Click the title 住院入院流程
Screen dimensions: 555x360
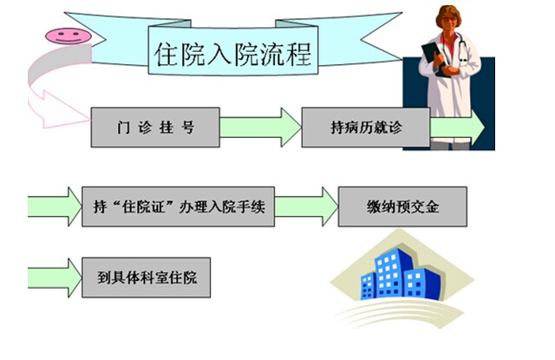[233, 54]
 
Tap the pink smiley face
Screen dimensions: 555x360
[69, 36]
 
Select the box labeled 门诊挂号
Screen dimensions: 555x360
[155, 128]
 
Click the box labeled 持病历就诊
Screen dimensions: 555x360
[366, 128]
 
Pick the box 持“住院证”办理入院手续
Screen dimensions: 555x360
[178, 206]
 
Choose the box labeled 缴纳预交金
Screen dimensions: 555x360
[402, 206]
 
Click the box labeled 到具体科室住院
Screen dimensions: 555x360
[147, 278]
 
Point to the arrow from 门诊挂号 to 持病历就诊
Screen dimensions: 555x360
[260, 128]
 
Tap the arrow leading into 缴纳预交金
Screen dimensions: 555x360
[306, 206]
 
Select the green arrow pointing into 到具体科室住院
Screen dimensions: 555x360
[55, 278]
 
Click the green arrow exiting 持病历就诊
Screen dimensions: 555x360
[457, 128]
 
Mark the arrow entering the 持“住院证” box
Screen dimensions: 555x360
[55, 206]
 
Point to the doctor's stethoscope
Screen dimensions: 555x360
[461, 49]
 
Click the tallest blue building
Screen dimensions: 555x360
[389, 272]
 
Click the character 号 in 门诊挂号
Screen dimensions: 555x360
[188, 128]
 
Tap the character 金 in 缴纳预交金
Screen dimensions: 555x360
[432, 206]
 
